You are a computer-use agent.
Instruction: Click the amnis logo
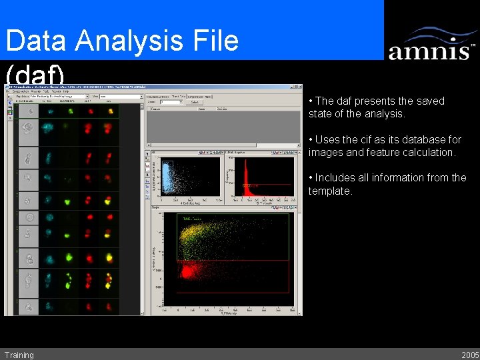coord(431,45)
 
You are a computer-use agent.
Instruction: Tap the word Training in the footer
coord(19,355)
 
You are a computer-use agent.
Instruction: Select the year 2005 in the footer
coord(470,355)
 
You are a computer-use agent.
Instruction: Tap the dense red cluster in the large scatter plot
coord(189,271)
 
